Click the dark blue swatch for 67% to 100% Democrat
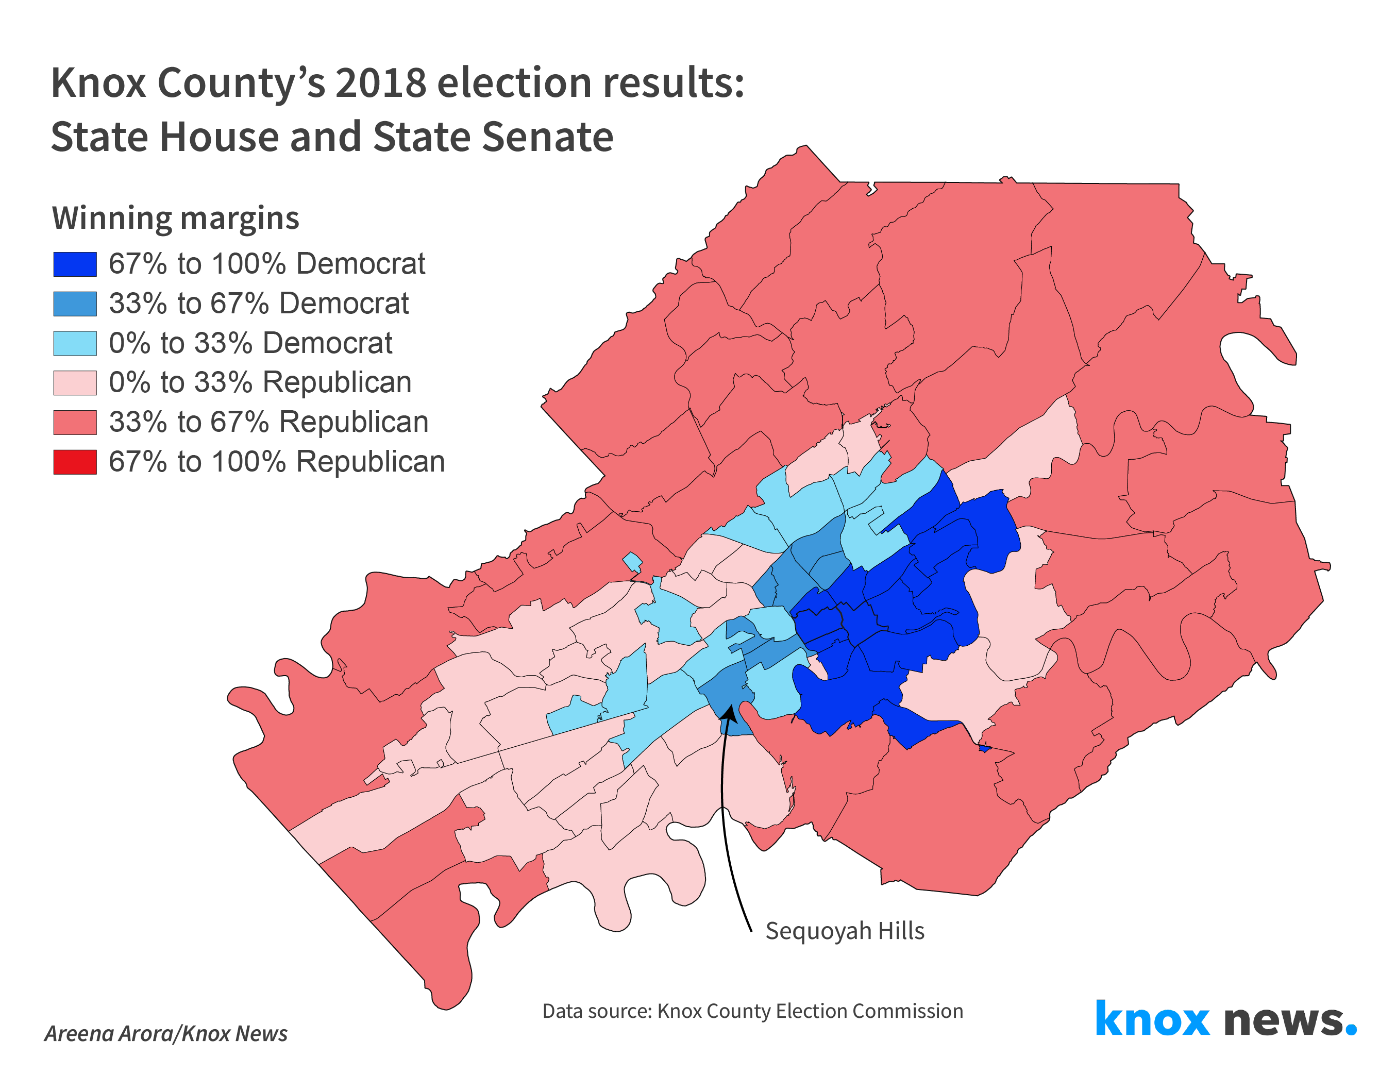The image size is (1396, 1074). (75, 264)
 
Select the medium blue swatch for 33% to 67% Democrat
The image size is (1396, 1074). (75, 304)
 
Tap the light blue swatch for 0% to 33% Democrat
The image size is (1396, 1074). (75, 343)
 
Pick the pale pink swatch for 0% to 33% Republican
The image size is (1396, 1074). (75, 383)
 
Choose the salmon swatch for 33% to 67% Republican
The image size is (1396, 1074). (75, 423)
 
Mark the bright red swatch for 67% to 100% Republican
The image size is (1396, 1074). (75, 462)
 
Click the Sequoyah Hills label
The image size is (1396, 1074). (845, 931)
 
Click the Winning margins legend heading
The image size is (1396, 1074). (175, 218)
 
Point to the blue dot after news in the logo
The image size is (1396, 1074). (1351, 1029)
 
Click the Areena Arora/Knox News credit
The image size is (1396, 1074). (165, 1034)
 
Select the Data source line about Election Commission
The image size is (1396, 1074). (752, 1011)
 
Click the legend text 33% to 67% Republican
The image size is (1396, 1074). (268, 423)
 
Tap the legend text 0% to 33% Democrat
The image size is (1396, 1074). (250, 343)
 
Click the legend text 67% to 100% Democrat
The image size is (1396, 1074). (266, 264)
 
